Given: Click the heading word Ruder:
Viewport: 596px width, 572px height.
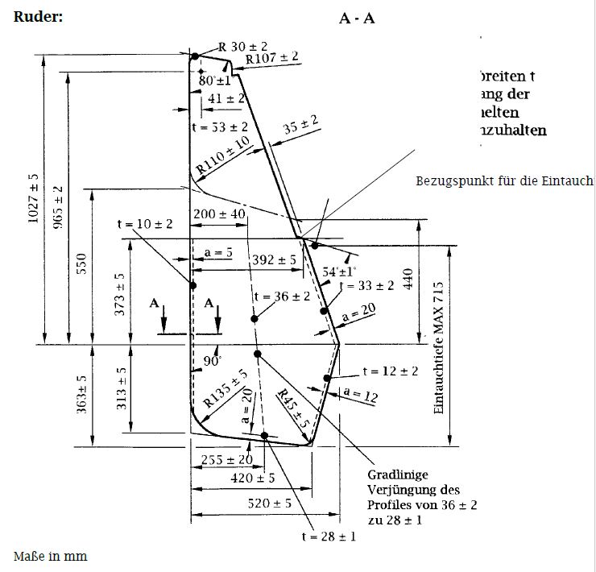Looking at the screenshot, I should [38, 17].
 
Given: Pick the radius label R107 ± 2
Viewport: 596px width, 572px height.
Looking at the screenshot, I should [272, 58].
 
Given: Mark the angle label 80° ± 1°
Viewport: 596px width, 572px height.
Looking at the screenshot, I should [214, 81].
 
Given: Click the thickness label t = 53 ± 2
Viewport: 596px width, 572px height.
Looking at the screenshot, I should [219, 127].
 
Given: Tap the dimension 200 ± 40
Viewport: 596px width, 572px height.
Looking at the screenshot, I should [219, 214].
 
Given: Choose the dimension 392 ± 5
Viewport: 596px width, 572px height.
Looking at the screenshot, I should [275, 260].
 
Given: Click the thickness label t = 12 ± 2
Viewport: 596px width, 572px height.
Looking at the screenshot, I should [390, 371].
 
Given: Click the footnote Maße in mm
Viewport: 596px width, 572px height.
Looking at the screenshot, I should [50, 557].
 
